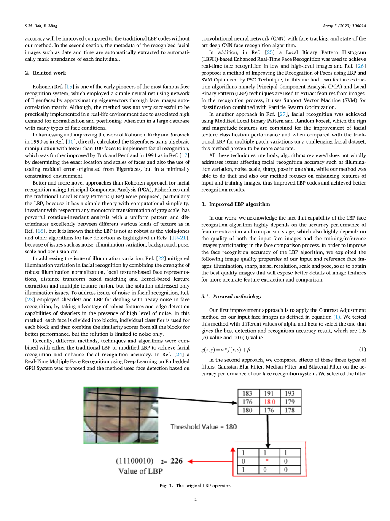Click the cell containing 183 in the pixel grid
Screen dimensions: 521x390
[x=247, y=393]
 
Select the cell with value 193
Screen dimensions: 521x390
[x=290, y=393]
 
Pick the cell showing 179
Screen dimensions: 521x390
[x=290, y=402]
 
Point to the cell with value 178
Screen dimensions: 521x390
[x=290, y=410]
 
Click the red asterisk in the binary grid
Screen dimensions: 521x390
[x=267, y=461]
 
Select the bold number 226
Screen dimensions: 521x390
[x=176, y=461]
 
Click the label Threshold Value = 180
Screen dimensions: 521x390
[x=203, y=426]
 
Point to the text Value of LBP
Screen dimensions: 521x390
[x=137, y=471]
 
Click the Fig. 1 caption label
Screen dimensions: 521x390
[x=166, y=486]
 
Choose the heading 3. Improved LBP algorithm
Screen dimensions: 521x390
[x=236, y=204]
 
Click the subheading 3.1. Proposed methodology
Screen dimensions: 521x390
[x=231, y=297]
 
